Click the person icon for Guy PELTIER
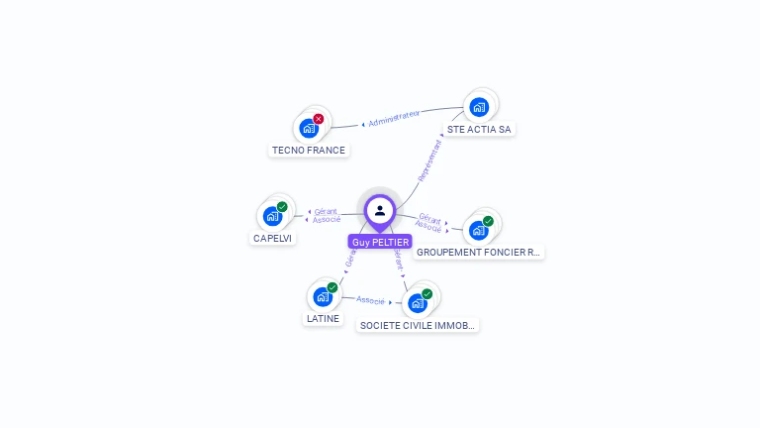(x=380, y=211)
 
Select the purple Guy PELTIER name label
(x=380, y=242)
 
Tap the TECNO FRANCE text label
(x=309, y=151)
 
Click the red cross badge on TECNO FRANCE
(x=319, y=119)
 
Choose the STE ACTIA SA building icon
(x=479, y=107)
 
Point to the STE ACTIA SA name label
(x=479, y=129)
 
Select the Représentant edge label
(x=429, y=160)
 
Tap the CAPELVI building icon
(x=272, y=216)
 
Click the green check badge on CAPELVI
(x=282, y=207)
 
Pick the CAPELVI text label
(x=273, y=238)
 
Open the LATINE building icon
(x=323, y=296)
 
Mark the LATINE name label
(x=323, y=319)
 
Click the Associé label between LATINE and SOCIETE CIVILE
(x=371, y=299)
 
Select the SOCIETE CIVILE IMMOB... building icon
(x=418, y=303)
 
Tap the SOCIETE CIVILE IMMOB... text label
(x=418, y=325)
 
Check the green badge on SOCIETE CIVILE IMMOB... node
(x=427, y=293)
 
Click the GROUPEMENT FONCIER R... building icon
(x=479, y=230)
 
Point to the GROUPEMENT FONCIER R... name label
(x=479, y=252)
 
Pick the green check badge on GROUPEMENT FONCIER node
(x=489, y=221)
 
